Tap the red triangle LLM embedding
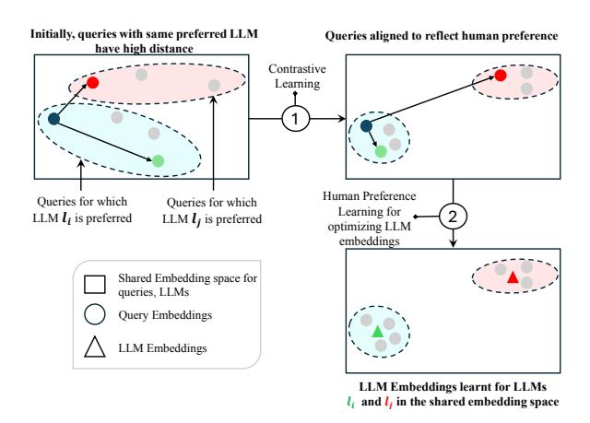point(512,276)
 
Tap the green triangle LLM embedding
point(377,330)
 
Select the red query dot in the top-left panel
point(93,83)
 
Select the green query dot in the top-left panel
point(159,160)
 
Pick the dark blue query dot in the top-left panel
point(53,118)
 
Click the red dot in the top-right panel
point(499,75)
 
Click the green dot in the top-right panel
point(381,150)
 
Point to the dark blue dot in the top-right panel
point(366,126)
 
